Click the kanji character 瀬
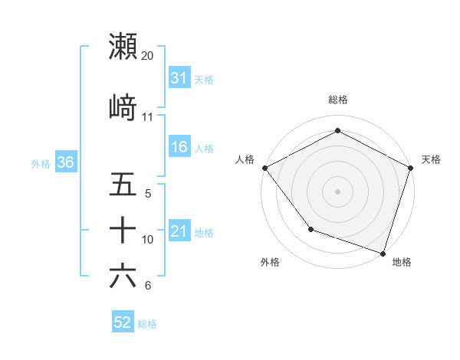123,47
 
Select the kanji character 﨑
123,108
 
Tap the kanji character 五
123,185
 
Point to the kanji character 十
123,230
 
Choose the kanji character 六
123,276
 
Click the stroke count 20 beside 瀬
148,56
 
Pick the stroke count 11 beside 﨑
148,117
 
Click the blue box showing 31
179,78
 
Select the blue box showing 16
179,147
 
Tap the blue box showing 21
179,231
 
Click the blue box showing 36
65,162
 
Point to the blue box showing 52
122,323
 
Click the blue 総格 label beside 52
147,324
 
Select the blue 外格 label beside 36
41,163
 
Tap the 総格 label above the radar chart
337,100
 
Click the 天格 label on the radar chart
431,159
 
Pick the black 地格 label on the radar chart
402,262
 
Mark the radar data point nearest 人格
264,167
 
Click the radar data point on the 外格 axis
310,229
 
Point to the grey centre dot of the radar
337,191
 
